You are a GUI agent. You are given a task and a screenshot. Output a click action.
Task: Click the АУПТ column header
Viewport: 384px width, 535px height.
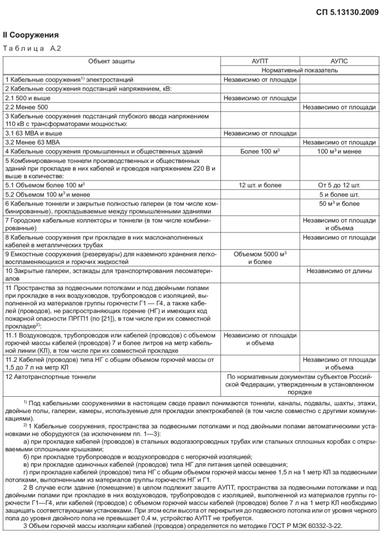pyautogui.click(x=260, y=61)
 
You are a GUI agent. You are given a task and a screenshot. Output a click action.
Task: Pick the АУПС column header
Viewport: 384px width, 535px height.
pyautogui.click(x=339, y=61)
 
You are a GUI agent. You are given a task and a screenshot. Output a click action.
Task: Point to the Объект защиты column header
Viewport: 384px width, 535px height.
pyautogui.click(x=111, y=61)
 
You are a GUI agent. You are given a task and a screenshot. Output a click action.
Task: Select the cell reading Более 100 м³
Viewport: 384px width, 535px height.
pyautogui.click(x=260, y=151)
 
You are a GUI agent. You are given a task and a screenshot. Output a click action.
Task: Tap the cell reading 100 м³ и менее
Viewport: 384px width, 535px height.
pyautogui.click(x=339, y=151)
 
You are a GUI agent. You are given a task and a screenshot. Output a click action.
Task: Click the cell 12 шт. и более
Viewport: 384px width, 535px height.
pyautogui.click(x=260, y=185)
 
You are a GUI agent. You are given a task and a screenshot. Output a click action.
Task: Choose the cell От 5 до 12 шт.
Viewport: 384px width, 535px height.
pyautogui.click(x=339, y=185)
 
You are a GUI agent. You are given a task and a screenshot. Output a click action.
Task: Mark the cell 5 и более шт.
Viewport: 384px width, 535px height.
pyautogui.click(x=339, y=194)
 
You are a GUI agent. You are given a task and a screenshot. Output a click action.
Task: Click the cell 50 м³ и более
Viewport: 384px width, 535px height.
pyautogui.click(x=339, y=204)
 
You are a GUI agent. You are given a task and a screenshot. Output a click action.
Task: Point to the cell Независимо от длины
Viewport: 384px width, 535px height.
pyautogui.click(x=339, y=271)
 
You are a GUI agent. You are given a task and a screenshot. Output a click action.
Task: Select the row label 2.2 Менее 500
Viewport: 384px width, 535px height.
pyautogui.click(x=27, y=107)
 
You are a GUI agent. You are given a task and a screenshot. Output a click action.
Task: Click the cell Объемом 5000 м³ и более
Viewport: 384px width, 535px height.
pyautogui.click(x=260, y=258)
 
